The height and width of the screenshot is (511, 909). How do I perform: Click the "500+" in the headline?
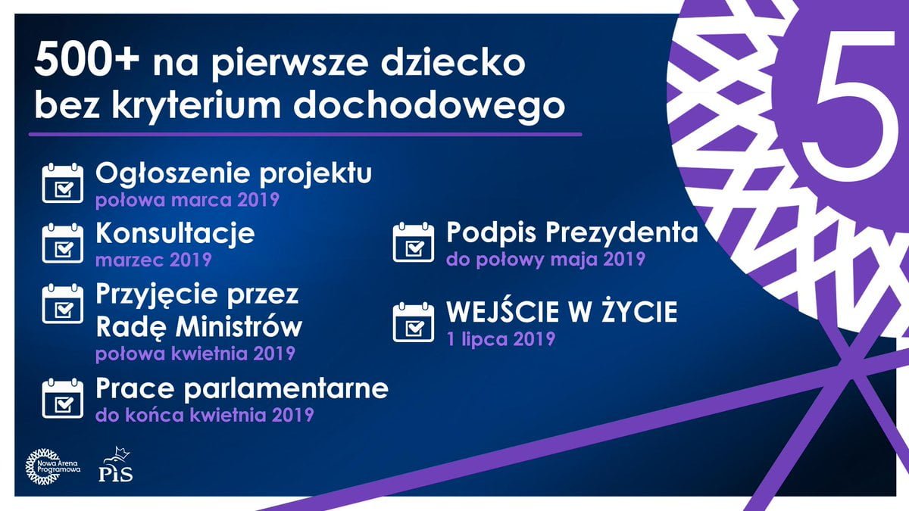click(x=86, y=60)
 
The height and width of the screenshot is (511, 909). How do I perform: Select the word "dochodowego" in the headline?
click(x=429, y=106)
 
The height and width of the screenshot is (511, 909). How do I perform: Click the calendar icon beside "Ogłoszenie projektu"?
click(x=62, y=183)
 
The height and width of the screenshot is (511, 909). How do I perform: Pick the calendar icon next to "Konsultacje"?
click(x=62, y=243)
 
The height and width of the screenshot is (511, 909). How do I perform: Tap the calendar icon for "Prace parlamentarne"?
click(x=62, y=398)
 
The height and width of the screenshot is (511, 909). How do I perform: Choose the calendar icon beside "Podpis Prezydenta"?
click(x=413, y=241)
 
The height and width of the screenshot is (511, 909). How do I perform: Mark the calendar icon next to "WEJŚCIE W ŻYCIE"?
click(x=413, y=322)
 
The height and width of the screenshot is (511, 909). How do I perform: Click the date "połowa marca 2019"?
click(x=188, y=200)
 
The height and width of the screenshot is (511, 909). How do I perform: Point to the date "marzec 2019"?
click(x=153, y=260)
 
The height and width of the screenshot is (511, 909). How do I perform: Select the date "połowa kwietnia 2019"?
click(x=195, y=354)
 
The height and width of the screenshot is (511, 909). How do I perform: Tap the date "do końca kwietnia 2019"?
click(x=205, y=415)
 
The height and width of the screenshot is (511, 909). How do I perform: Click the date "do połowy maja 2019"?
click(x=546, y=259)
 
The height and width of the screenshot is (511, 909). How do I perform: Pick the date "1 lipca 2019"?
click(x=501, y=339)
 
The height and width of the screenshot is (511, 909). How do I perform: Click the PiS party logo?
click(x=116, y=465)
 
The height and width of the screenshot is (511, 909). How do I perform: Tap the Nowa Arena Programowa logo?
click(x=52, y=467)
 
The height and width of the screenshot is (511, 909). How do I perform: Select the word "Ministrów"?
click(x=239, y=326)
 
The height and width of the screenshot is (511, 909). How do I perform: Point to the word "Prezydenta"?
click(x=621, y=232)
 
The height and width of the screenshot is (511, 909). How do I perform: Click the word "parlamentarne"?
click(x=286, y=388)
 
